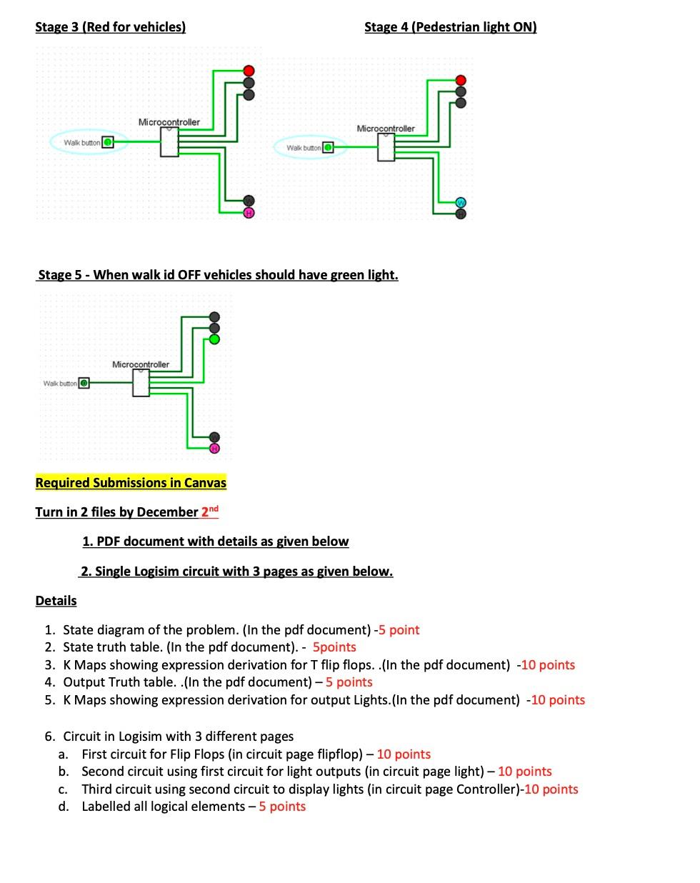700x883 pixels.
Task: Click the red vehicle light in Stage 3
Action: [249, 71]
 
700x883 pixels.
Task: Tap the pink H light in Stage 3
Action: [249, 213]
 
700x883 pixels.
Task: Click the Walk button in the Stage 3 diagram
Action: [107, 142]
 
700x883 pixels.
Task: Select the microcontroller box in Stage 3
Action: [169, 142]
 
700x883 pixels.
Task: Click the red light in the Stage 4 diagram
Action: [461, 80]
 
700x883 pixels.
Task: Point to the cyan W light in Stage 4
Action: [461, 203]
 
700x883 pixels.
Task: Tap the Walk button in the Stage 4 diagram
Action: [328, 147]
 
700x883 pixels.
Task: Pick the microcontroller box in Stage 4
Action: [386, 147]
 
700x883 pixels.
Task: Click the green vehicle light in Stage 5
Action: [214, 339]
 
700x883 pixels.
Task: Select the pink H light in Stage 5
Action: [214, 448]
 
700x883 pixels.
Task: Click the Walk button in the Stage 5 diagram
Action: [84, 383]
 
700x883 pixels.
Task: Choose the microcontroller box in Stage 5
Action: [141, 383]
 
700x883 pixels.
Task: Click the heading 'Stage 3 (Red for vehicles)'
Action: [110, 27]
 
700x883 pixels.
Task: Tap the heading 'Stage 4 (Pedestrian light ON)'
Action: [450, 27]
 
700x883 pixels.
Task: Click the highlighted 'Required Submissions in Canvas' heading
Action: [131, 483]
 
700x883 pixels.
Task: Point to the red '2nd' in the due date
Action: [209, 511]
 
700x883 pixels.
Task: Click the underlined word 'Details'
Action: [56, 601]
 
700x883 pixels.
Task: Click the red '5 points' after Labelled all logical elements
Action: [282, 807]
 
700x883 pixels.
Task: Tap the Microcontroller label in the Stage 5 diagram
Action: [141, 364]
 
